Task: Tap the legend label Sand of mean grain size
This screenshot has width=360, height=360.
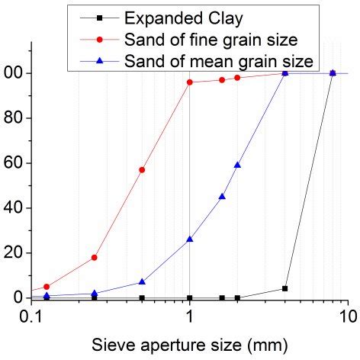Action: click(221, 59)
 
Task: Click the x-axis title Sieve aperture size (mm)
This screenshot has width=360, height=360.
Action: click(189, 344)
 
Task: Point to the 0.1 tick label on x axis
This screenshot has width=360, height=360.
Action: click(31, 315)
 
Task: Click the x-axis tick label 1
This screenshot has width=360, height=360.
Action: click(189, 315)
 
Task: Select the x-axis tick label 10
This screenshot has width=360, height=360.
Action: click(348, 315)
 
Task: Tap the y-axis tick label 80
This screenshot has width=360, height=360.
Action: click(14, 118)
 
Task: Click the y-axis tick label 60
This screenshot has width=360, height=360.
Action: click(14, 163)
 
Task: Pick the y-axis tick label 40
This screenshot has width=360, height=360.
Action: click(14, 208)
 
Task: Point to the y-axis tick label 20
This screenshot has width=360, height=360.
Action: click(14, 253)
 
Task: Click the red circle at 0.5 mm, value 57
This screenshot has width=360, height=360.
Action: click(142, 170)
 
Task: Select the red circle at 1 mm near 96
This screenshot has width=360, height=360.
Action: click(189, 82)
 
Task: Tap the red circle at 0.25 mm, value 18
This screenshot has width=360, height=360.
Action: click(94, 258)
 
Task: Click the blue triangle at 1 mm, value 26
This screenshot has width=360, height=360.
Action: click(189, 239)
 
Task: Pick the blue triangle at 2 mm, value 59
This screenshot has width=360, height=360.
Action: click(237, 165)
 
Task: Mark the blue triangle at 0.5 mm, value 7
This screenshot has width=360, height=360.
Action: click(142, 281)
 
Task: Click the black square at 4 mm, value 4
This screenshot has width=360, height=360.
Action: click(284, 289)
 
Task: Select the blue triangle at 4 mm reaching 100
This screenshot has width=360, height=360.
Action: click(284, 72)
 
